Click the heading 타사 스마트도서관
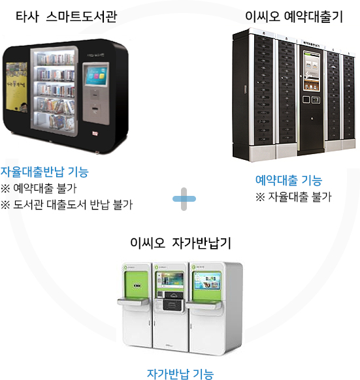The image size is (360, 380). pos(66,17)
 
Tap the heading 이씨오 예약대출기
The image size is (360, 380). pos(294,17)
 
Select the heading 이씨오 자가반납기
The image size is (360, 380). pos(180,243)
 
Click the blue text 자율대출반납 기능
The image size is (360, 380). pos(44,172)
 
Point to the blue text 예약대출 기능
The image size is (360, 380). pos(289,180)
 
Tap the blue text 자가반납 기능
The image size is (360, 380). pos(180,374)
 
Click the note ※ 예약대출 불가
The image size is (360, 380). pos(39,188)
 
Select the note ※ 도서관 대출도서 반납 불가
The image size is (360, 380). pos(67,204)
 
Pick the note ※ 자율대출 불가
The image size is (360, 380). pos(293,197)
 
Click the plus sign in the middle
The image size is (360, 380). pos(184,199)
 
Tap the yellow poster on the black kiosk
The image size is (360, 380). pos(16,87)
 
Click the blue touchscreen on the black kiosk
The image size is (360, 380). pos(96,76)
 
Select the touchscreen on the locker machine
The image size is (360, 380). pos(312,72)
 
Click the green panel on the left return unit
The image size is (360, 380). pos(136,285)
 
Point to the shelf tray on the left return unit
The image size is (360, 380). pos(133,302)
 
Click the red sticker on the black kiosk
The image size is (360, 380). pos(95,133)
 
